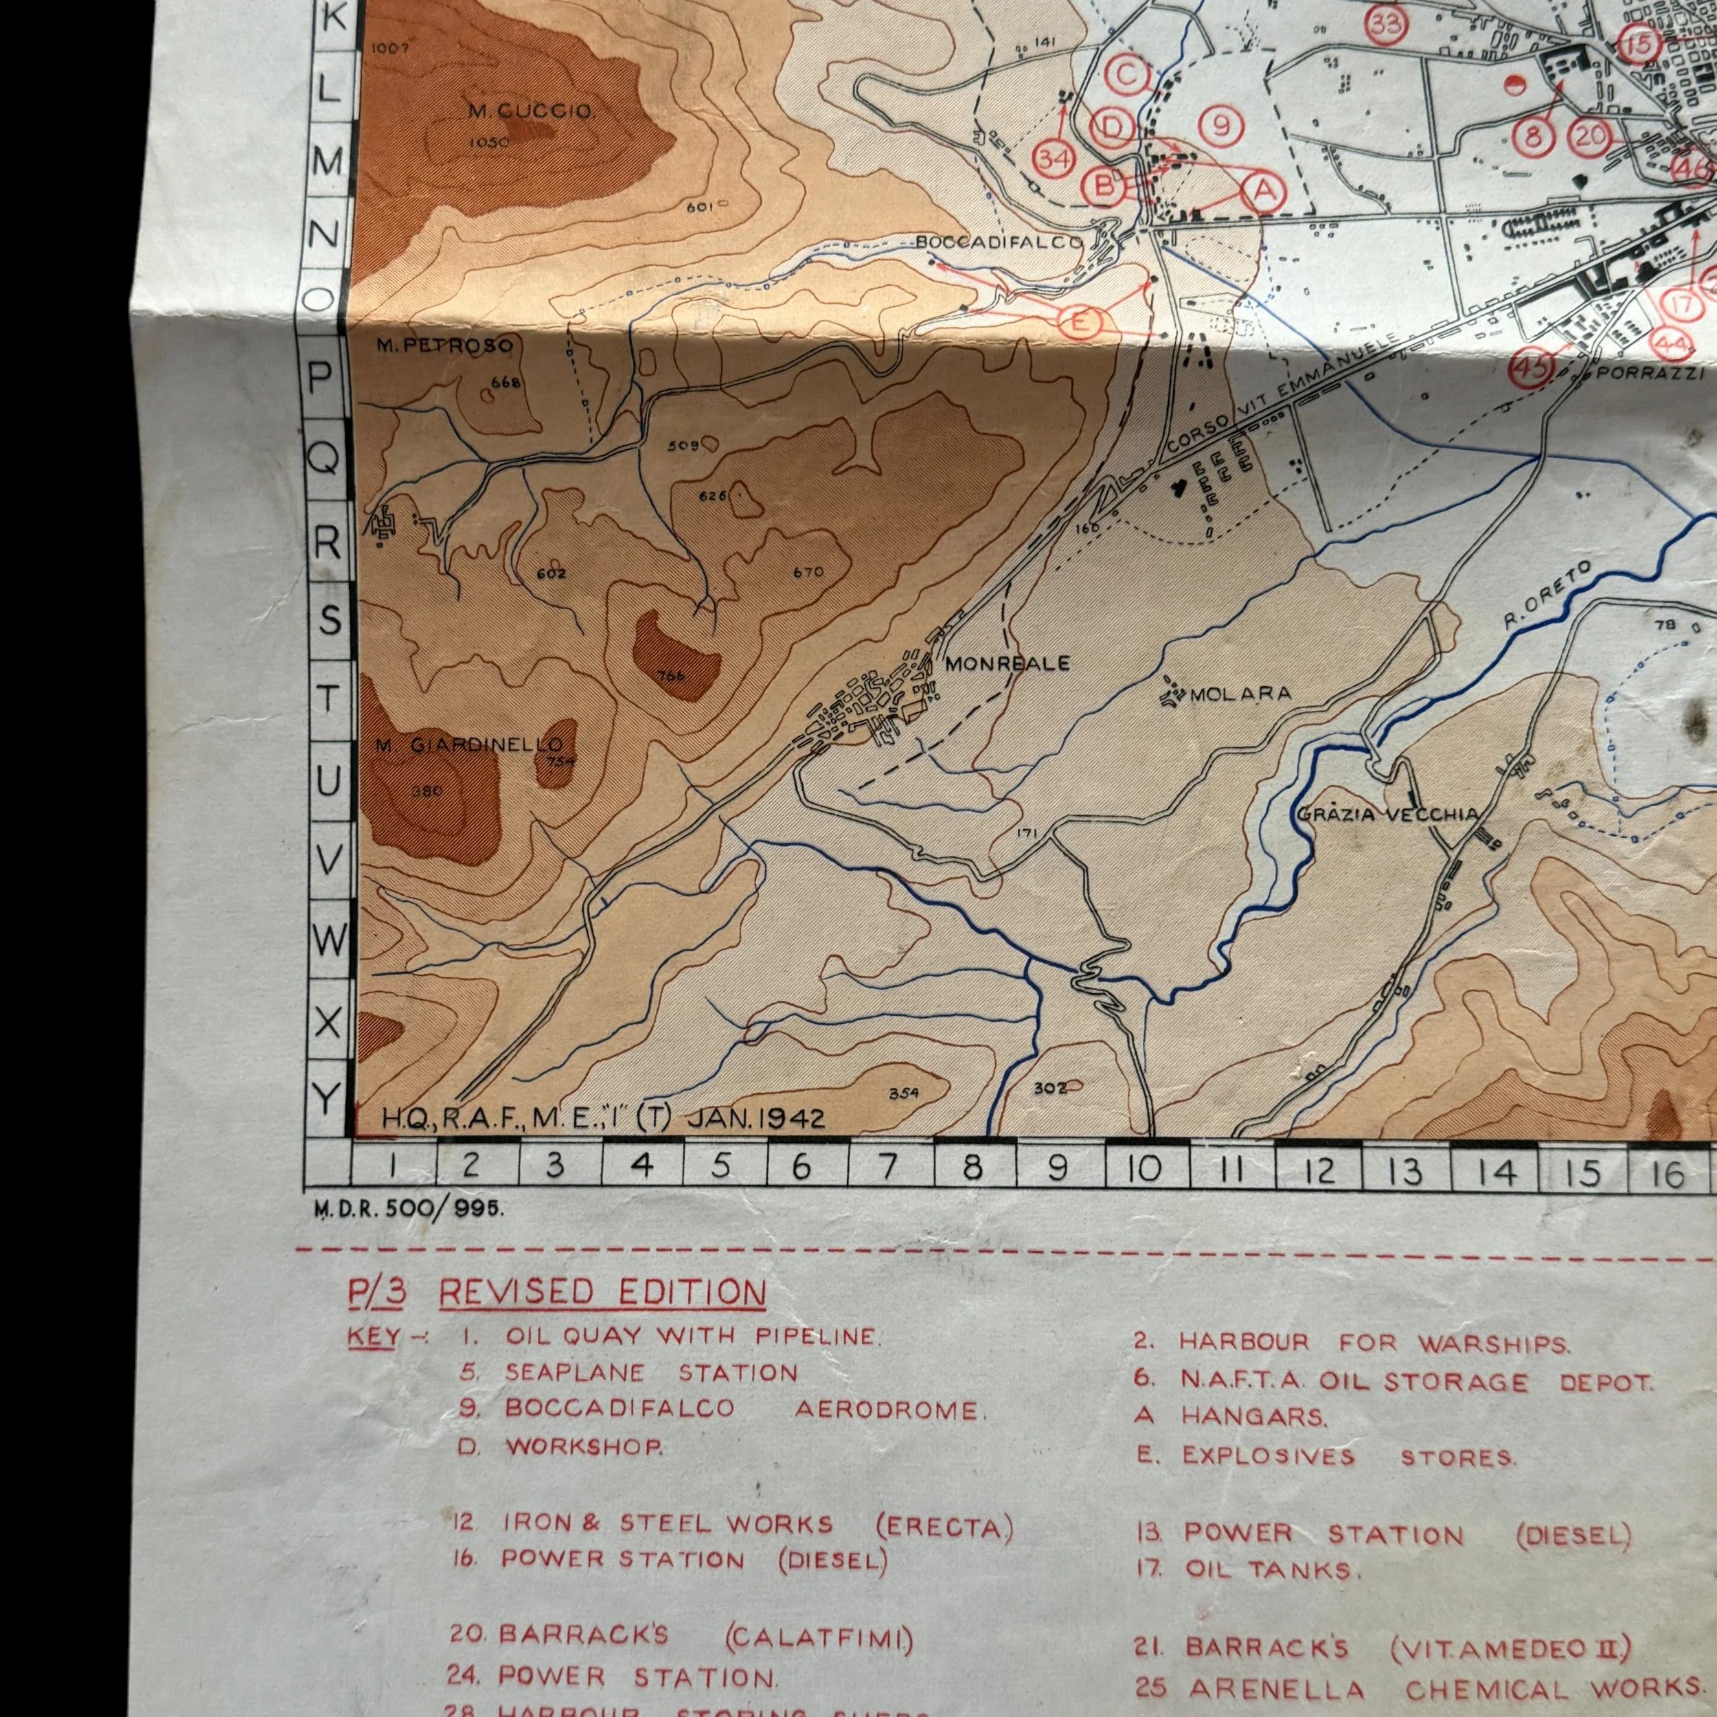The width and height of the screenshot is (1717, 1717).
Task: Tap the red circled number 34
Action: pyautogui.click(x=1055, y=159)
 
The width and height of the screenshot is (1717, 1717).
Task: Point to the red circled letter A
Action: pyautogui.click(x=1264, y=190)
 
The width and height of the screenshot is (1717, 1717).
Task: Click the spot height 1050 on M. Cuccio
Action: pyautogui.click(x=489, y=142)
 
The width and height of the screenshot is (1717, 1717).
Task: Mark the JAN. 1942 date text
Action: pyautogui.click(x=755, y=1118)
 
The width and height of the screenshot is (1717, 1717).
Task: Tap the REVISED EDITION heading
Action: pyautogui.click(x=602, y=1293)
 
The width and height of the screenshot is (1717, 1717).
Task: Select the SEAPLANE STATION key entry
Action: pyautogui.click(x=650, y=1373)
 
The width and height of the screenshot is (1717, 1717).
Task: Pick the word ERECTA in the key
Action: pyautogui.click(x=944, y=1526)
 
